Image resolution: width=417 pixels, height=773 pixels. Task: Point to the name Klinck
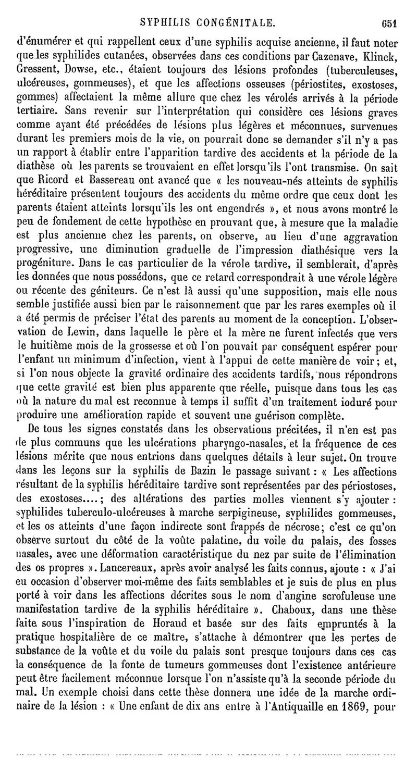click(x=383, y=43)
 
